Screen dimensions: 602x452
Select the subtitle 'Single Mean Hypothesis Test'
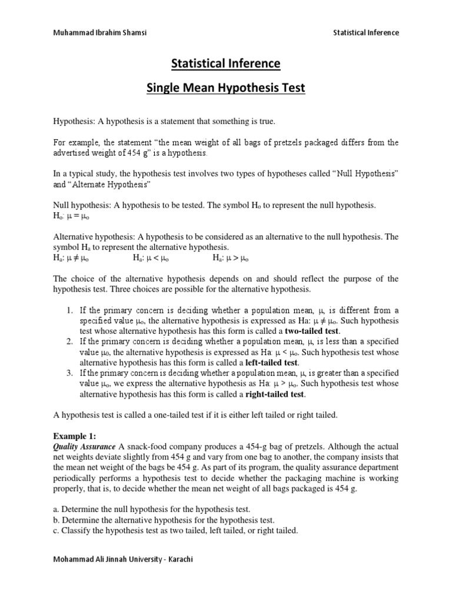coord(225,89)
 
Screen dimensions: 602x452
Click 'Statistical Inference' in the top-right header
coord(365,33)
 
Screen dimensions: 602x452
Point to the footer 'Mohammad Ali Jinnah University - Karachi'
coord(123,559)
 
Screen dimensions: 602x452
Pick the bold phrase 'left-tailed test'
coord(270,363)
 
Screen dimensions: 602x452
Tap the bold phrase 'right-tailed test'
coord(272,394)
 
